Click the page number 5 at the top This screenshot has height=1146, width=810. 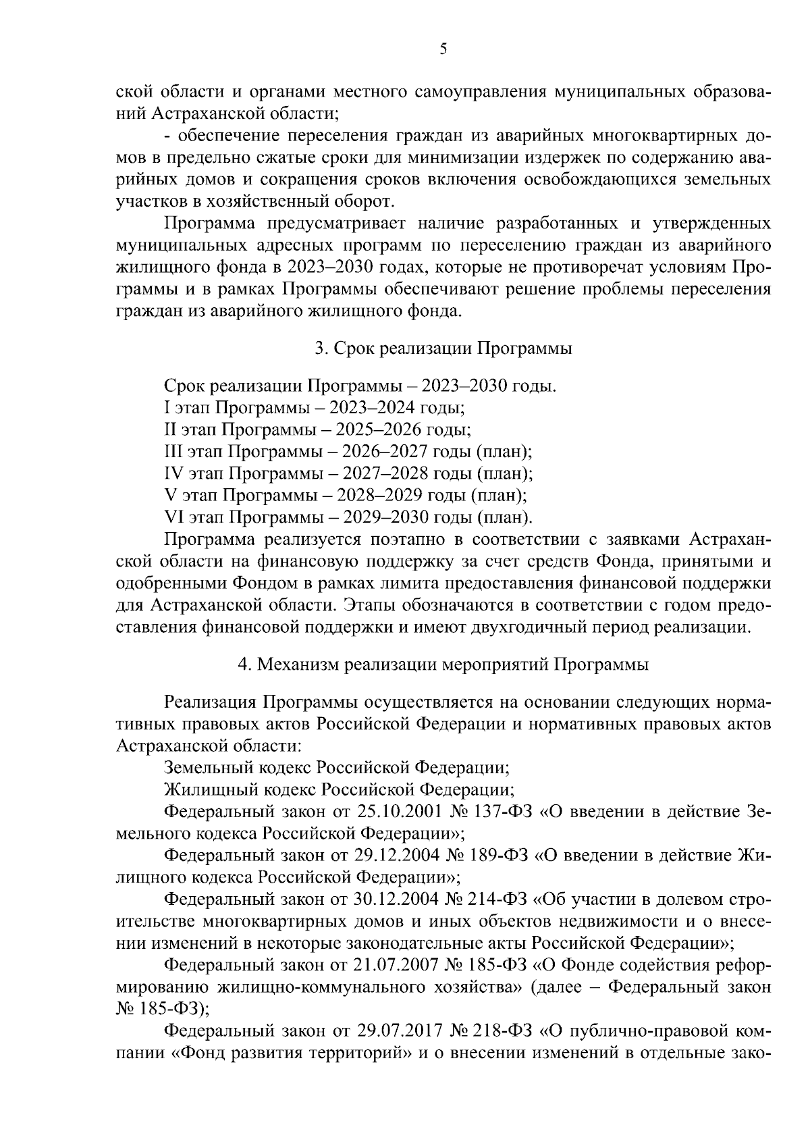[443, 48]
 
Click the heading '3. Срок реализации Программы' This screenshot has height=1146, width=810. [443, 348]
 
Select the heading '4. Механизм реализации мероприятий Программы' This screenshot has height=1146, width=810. [443, 665]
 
